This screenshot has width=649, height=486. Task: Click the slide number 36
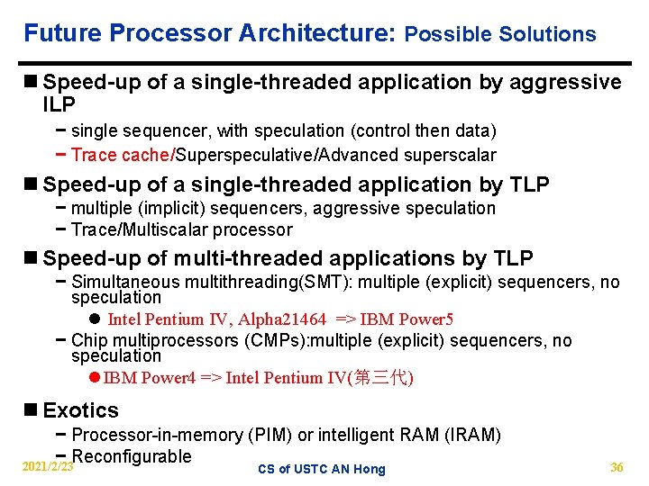[x=617, y=467]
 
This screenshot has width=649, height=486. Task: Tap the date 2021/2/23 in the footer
[x=48, y=467]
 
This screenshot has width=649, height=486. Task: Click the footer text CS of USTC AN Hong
[x=321, y=469]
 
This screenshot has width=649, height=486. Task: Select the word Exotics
[x=80, y=410]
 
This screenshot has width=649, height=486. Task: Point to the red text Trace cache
[x=120, y=155]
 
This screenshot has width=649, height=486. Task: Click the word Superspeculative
[x=243, y=155]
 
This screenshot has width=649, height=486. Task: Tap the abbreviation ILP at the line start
[x=60, y=104]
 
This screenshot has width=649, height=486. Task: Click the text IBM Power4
[x=150, y=377]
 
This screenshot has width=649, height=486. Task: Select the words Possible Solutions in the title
[x=500, y=35]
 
